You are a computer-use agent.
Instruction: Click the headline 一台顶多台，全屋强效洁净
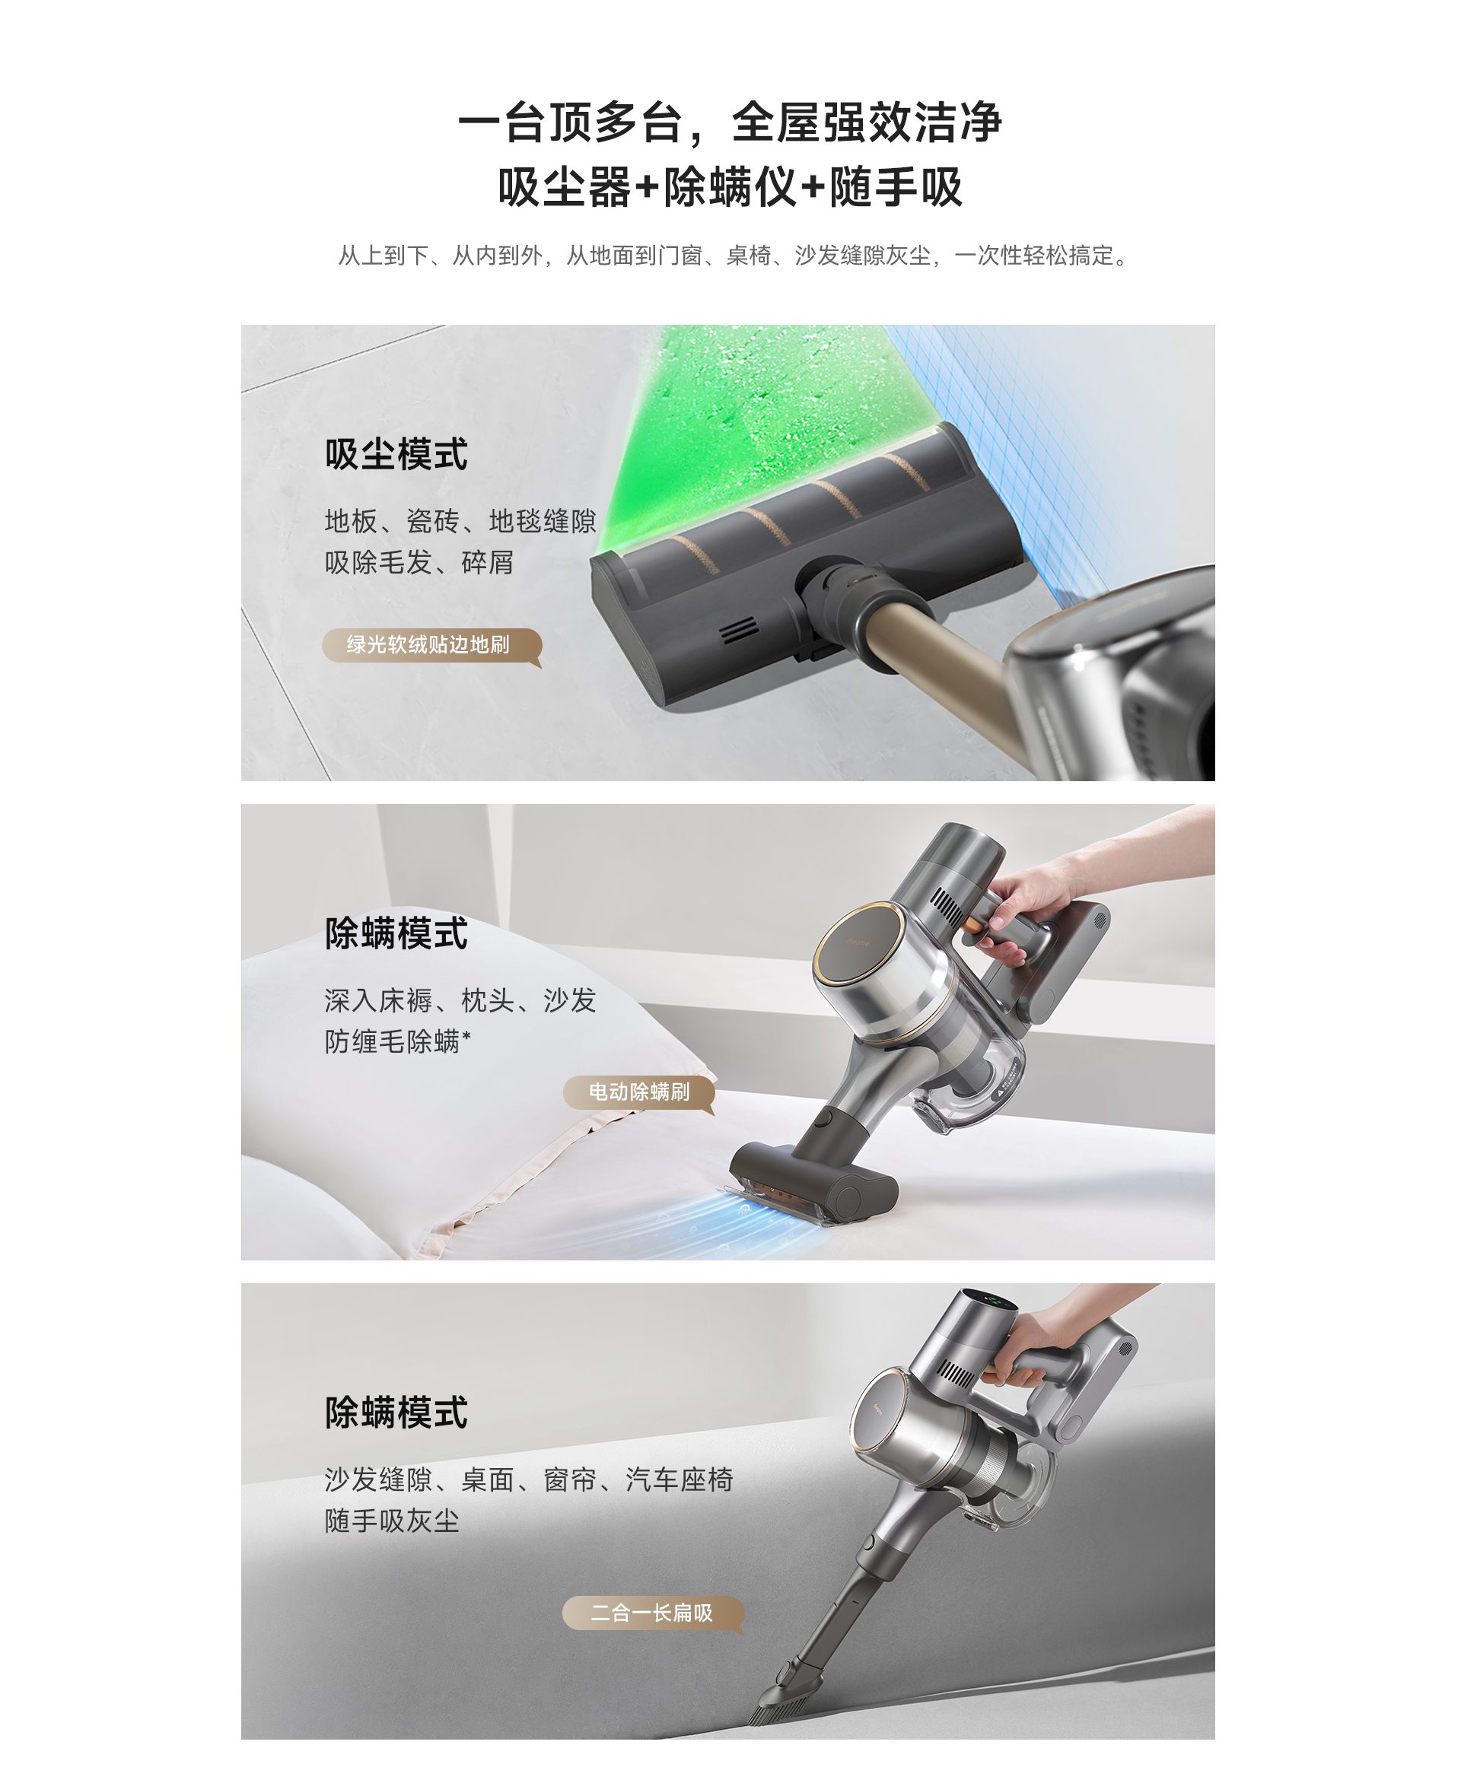click(x=730, y=123)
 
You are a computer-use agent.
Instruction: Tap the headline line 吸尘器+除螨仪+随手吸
click(x=730, y=187)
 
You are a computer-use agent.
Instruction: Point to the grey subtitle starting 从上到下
click(x=732, y=256)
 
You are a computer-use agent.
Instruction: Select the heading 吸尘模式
click(x=396, y=454)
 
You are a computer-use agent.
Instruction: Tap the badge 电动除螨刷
click(x=640, y=1092)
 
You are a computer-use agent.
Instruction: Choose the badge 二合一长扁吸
click(x=653, y=1613)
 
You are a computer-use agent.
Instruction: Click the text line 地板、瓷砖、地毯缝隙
click(x=460, y=522)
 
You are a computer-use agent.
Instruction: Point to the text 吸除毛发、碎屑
click(x=419, y=562)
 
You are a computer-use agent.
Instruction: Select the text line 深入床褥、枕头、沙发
click(x=460, y=1000)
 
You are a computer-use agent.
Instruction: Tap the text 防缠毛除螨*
click(x=398, y=1041)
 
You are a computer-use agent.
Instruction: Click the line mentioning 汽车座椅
click(x=529, y=1479)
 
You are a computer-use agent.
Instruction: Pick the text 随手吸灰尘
click(x=392, y=1521)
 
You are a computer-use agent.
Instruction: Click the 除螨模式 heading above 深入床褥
click(x=396, y=933)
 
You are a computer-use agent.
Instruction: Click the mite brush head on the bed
click(x=812, y=1182)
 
